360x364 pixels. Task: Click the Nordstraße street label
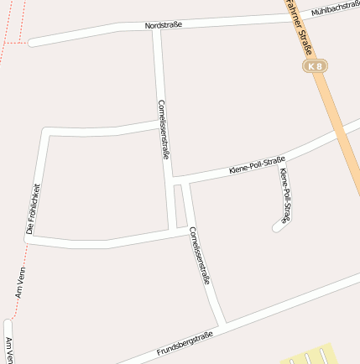pos(163,26)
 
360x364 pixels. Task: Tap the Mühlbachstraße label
pos(335,8)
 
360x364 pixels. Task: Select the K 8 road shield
pos(315,65)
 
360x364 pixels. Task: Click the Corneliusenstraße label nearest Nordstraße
pos(164,129)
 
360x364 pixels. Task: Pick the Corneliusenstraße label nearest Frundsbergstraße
pos(199,256)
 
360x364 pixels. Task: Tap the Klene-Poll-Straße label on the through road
pos(257,165)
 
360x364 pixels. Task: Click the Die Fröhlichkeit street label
pos(34,208)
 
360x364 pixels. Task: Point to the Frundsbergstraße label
pos(185,344)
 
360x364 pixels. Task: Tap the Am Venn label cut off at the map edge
pos(9,348)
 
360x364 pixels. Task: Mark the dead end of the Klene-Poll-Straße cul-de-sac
pos(276,226)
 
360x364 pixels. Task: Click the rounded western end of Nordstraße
pos(32,41)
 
